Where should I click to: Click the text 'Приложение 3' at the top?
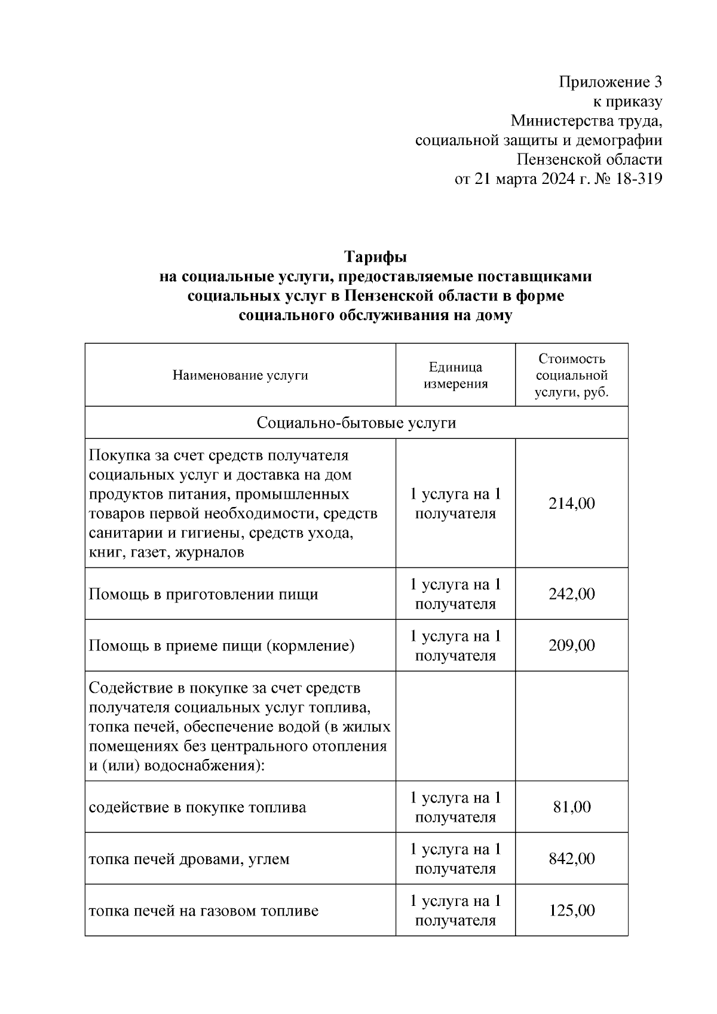610,82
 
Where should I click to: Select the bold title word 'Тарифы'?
375,257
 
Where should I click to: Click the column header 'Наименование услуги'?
240,376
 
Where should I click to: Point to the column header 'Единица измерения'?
455,376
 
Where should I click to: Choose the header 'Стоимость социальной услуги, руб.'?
571,376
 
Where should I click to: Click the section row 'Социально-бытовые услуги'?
356,423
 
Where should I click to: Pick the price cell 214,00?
571,504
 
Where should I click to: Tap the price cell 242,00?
571,594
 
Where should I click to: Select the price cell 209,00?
571,646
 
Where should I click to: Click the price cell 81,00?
571,807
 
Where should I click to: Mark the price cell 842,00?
571,859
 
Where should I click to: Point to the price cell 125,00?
571,911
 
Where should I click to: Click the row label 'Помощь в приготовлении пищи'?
203,595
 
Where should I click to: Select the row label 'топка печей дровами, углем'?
189,859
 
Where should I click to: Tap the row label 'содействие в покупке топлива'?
197,808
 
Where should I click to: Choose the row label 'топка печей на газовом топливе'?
203,911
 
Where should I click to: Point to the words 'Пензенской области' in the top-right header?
589,159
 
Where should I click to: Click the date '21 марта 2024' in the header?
525,179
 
